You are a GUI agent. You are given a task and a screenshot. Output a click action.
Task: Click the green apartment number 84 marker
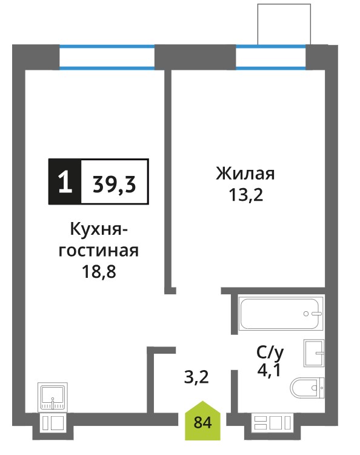(x=202, y=421)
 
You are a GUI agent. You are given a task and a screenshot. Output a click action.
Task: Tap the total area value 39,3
(x=114, y=184)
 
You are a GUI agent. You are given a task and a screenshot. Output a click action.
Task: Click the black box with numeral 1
(x=65, y=181)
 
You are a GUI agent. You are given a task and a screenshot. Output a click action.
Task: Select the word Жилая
(x=245, y=174)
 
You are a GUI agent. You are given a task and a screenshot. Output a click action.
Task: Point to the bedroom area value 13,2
(x=246, y=194)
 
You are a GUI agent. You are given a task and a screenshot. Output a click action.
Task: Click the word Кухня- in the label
(x=99, y=230)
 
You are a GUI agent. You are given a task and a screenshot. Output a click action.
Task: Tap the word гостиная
(x=99, y=251)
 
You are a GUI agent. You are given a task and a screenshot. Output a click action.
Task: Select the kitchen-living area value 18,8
(x=99, y=272)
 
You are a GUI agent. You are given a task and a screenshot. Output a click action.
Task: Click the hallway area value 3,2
(x=196, y=377)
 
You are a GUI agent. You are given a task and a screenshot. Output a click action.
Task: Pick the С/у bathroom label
(x=270, y=353)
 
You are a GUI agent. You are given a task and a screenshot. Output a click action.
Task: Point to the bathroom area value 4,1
(x=269, y=370)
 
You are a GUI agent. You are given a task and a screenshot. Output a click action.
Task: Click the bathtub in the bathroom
(x=281, y=314)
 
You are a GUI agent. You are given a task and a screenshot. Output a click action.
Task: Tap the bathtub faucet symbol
(x=313, y=314)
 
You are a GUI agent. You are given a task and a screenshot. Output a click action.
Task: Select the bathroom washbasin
(x=314, y=353)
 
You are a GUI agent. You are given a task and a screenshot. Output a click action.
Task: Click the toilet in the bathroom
(x=307, y=388)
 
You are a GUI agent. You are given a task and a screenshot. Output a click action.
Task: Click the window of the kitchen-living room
(x=107, y=57)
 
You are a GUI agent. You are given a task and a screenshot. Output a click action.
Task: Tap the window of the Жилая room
(x=271, y=57)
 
